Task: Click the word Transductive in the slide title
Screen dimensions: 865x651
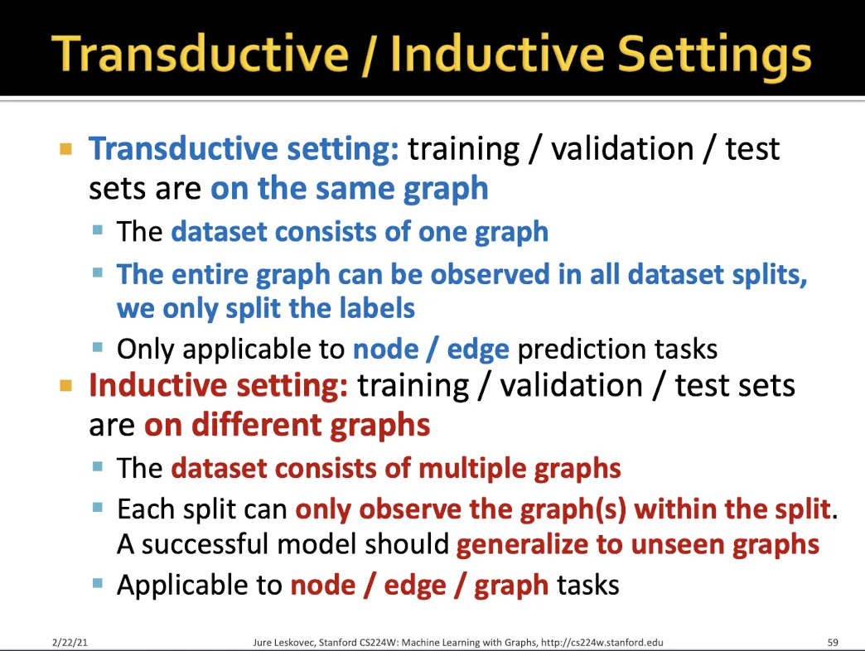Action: coord(200,54)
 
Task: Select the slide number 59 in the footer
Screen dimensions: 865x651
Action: coord(833,642)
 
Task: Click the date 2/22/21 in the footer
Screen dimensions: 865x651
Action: coord(70,642)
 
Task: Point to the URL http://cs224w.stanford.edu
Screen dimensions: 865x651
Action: coord(602,642)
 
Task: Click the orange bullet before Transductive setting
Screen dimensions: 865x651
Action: coord(65,149)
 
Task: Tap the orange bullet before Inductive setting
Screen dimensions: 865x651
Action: coord(65,385)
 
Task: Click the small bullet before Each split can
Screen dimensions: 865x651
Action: coord(99,507)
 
